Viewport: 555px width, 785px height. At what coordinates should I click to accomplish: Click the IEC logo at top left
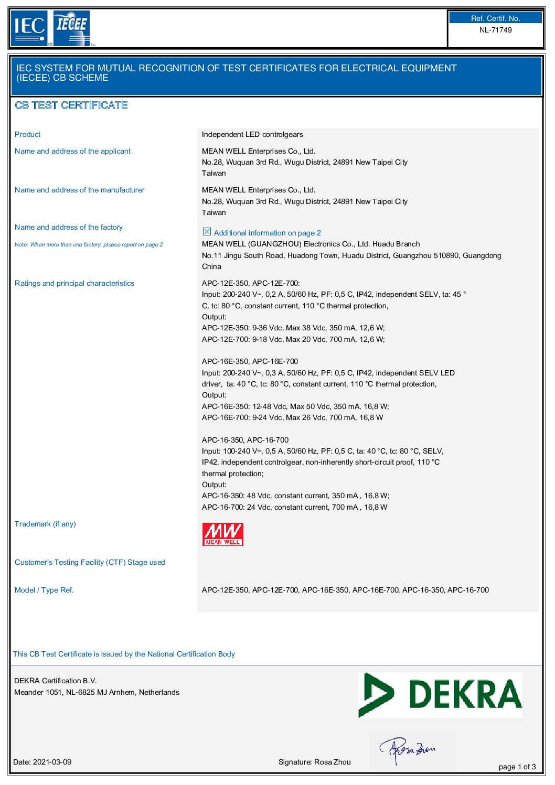[x=29, y=28]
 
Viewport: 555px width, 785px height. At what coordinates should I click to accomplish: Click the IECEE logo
[x=72, y=28]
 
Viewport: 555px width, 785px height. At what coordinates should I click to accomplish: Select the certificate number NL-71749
[x=495, y=30]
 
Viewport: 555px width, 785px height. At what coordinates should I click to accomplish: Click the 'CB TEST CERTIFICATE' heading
[x=71, y=105]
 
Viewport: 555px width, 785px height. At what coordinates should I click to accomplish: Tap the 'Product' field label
[x=27, y=134]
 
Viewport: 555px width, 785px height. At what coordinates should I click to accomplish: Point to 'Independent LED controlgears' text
[x=252, y=134]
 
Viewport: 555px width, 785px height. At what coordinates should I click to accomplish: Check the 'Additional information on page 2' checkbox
[x=207, y=232]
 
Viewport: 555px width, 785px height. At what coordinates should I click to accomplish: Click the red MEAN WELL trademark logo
[x=222, y=534]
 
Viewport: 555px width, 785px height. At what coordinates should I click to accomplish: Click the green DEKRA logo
[x=440, y=694]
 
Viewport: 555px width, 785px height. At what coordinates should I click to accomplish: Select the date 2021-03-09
[x=52, y=762]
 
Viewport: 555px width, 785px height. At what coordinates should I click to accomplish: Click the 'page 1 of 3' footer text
[x=517, y=767]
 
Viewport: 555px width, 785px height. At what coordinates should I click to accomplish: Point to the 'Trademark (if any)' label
[x=45, y=524]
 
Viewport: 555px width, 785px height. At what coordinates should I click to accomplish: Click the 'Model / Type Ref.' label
[x=44, y=590]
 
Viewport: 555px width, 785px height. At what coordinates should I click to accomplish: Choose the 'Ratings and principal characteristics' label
[x=74, y=283]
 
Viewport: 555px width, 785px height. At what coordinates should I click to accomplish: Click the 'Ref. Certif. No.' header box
[x=495, y=18]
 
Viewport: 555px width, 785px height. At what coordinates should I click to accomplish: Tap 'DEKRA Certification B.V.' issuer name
[x=55, y=681]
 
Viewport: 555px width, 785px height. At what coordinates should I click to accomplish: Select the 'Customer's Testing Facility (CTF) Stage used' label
[x=90, y=562]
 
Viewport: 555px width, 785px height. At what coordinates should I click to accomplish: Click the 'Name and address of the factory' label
[x=69, y=227]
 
